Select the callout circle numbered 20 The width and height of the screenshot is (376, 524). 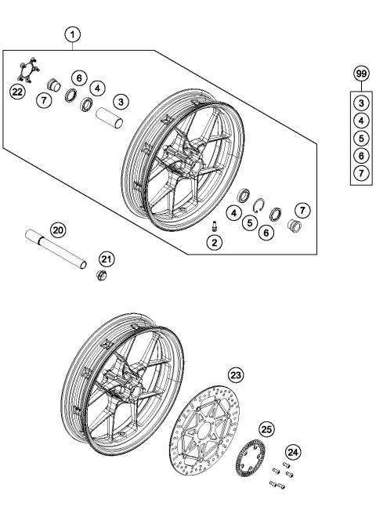[x=57, y=229]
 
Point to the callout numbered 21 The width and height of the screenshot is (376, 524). [x=105, y=259]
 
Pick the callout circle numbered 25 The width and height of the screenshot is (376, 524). [x=266, y=430]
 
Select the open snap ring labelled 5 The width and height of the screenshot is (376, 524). [x=261, y=206]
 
